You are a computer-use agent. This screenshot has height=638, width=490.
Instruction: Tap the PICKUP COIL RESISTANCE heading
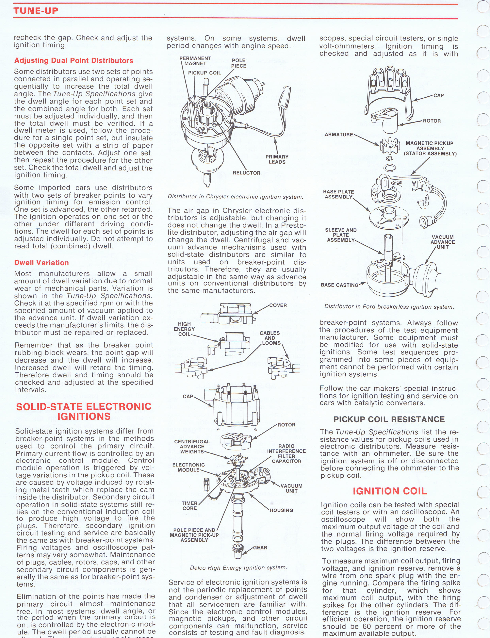(389, 419)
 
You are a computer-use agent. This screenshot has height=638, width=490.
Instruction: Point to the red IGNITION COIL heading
(390, 491)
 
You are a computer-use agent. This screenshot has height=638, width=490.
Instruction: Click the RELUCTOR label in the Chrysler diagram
(246, 173)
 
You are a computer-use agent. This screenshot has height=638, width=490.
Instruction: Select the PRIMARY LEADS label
(277, 159)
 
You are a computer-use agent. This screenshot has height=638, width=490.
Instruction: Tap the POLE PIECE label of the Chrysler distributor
(239, 63)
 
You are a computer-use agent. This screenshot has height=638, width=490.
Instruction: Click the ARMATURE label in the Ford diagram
(339, 134)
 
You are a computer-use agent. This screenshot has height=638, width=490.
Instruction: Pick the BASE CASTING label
(339, 285)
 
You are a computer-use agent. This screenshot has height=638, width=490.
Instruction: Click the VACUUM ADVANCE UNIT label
(442, 242)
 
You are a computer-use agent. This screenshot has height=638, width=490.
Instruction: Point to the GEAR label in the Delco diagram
(260, 548)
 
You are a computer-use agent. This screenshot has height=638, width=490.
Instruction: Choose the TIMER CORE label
(190, 506)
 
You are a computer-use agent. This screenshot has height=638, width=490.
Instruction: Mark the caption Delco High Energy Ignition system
(238, 568)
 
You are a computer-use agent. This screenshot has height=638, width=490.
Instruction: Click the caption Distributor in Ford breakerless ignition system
(389, 307)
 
